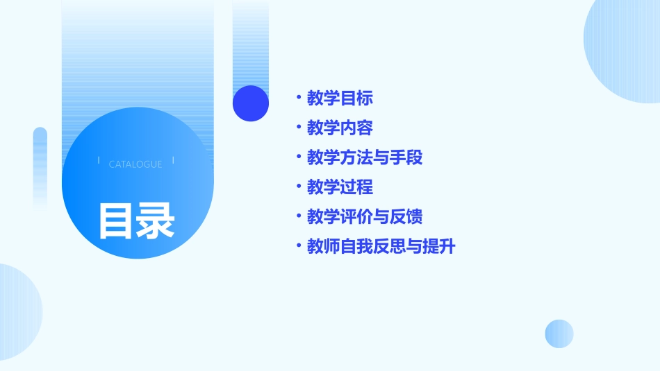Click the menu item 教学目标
click(340, 98)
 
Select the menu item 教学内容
click(340, 128)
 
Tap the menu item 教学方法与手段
click(365, 157)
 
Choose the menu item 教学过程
click(340, 187)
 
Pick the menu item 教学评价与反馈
click(365, 217)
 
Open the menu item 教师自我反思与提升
click(381, 246)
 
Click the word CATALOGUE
click(135, 164)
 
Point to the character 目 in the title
click(115, 221)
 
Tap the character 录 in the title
click(155, 221)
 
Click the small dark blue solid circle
click(250, 103)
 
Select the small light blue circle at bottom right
click(559, 334)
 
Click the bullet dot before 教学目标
click(298, 98)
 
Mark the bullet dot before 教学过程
click(298, 187)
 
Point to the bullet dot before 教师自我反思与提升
click(298, 246)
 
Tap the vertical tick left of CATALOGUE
click(99, 160)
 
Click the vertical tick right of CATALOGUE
click(173, 160)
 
